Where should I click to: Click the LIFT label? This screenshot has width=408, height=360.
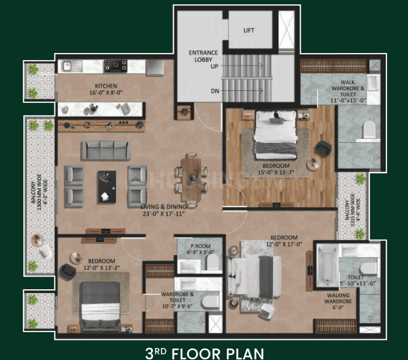pos(249,30)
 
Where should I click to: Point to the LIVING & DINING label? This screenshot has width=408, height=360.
pos(167,210)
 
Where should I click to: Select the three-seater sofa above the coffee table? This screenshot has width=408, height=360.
pos(106,150)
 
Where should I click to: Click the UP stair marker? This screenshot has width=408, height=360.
pos(215,66)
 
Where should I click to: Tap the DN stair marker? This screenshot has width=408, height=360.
pos(215,91)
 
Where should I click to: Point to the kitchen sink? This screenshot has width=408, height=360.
pos(72,64)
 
